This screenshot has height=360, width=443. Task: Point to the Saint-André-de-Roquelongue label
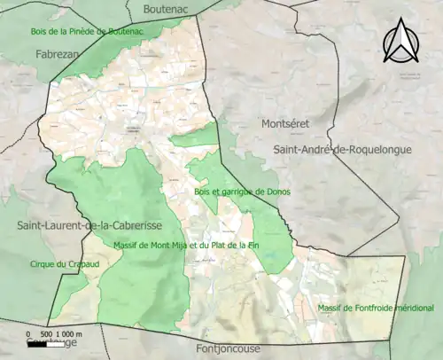pyautogui.click(x=343, y=150)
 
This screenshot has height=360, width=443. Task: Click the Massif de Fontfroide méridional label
pyautogui.click(x=376, y=308)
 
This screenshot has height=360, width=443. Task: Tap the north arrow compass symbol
pyautogui.click(x=400, y=41)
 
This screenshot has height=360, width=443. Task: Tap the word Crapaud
pyautogui.click(x=70, y=264)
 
